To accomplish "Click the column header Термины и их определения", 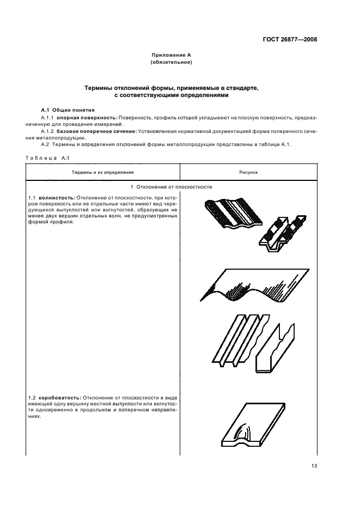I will [103, 172].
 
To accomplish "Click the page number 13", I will [314, 465].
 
